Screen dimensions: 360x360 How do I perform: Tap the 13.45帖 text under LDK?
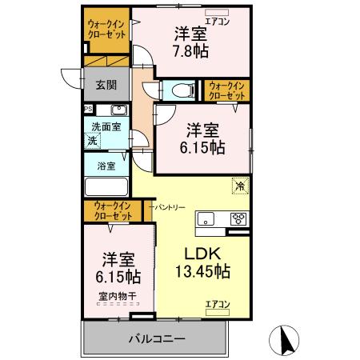202,271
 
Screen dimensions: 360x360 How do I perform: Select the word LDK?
202,253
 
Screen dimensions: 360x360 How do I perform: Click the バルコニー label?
157,338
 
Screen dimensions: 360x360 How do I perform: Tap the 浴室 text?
106,166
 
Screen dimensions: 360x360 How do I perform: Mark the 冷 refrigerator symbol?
239,186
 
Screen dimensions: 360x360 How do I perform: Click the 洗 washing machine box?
94,140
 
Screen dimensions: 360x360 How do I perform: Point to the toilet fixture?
178,90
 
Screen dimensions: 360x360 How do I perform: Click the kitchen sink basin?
206,218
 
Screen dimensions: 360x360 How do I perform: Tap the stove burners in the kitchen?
238,218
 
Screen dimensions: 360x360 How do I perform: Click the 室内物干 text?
117,296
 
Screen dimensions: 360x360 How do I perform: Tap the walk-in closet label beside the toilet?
227,90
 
